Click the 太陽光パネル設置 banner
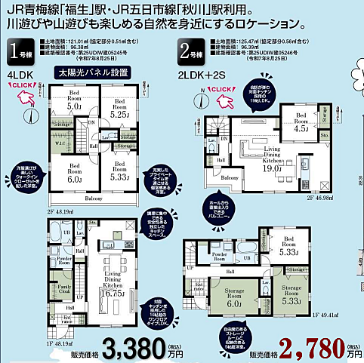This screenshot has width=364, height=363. click(x=89, y=75)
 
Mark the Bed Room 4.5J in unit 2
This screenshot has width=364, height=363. click(x=301, y=122)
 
